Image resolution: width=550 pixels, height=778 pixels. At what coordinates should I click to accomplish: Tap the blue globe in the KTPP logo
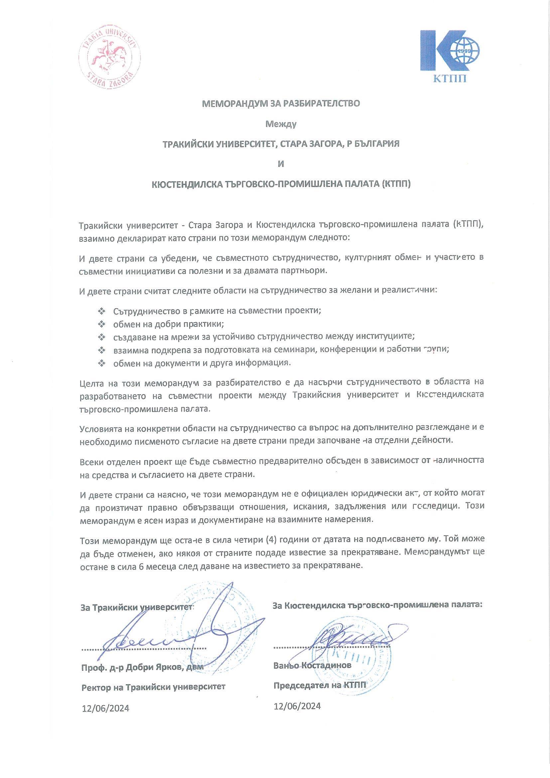467,51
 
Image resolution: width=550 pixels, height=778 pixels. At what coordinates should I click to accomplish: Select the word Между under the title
281,124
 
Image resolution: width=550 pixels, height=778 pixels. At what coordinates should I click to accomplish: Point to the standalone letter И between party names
281,164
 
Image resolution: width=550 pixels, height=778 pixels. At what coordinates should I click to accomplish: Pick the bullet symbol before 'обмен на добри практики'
101,324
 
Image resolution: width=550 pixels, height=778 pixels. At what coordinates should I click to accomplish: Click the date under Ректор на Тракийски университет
105,709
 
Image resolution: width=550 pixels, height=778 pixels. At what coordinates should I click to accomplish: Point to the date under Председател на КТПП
297,706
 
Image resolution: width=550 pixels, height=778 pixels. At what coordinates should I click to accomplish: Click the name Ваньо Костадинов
312,665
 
